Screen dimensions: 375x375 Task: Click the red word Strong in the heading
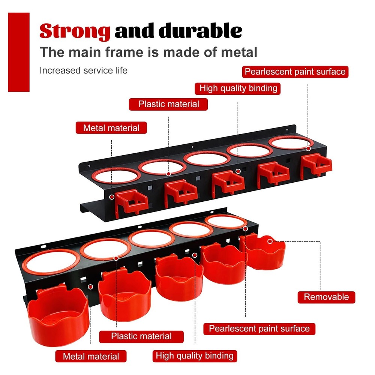(x=75, y=31)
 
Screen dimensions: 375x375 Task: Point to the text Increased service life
(x=84, y=70)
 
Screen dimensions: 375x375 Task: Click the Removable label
(x=326, y=297)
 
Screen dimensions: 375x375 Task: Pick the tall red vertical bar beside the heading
(x=19, y=52)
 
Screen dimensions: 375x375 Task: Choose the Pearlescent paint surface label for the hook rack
(x=295, y=72)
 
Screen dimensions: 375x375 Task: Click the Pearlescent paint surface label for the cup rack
(x=259, y=328)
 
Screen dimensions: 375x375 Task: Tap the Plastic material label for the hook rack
(x=168, y=104)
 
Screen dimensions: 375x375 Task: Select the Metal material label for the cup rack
(x=91, y=356)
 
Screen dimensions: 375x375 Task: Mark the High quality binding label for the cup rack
(x=195, y=356)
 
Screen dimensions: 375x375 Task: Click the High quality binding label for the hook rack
(x=237, y=88)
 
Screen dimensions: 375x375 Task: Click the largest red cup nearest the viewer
(x=58, y=316)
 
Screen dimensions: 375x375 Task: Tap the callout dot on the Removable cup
(x=270, y=241)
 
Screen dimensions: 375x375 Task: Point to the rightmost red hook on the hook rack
(x=316, y=165)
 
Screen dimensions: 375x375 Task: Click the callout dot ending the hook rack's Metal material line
(x=112, y=197)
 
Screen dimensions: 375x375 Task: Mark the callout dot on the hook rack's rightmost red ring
(x=308, y=148)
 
